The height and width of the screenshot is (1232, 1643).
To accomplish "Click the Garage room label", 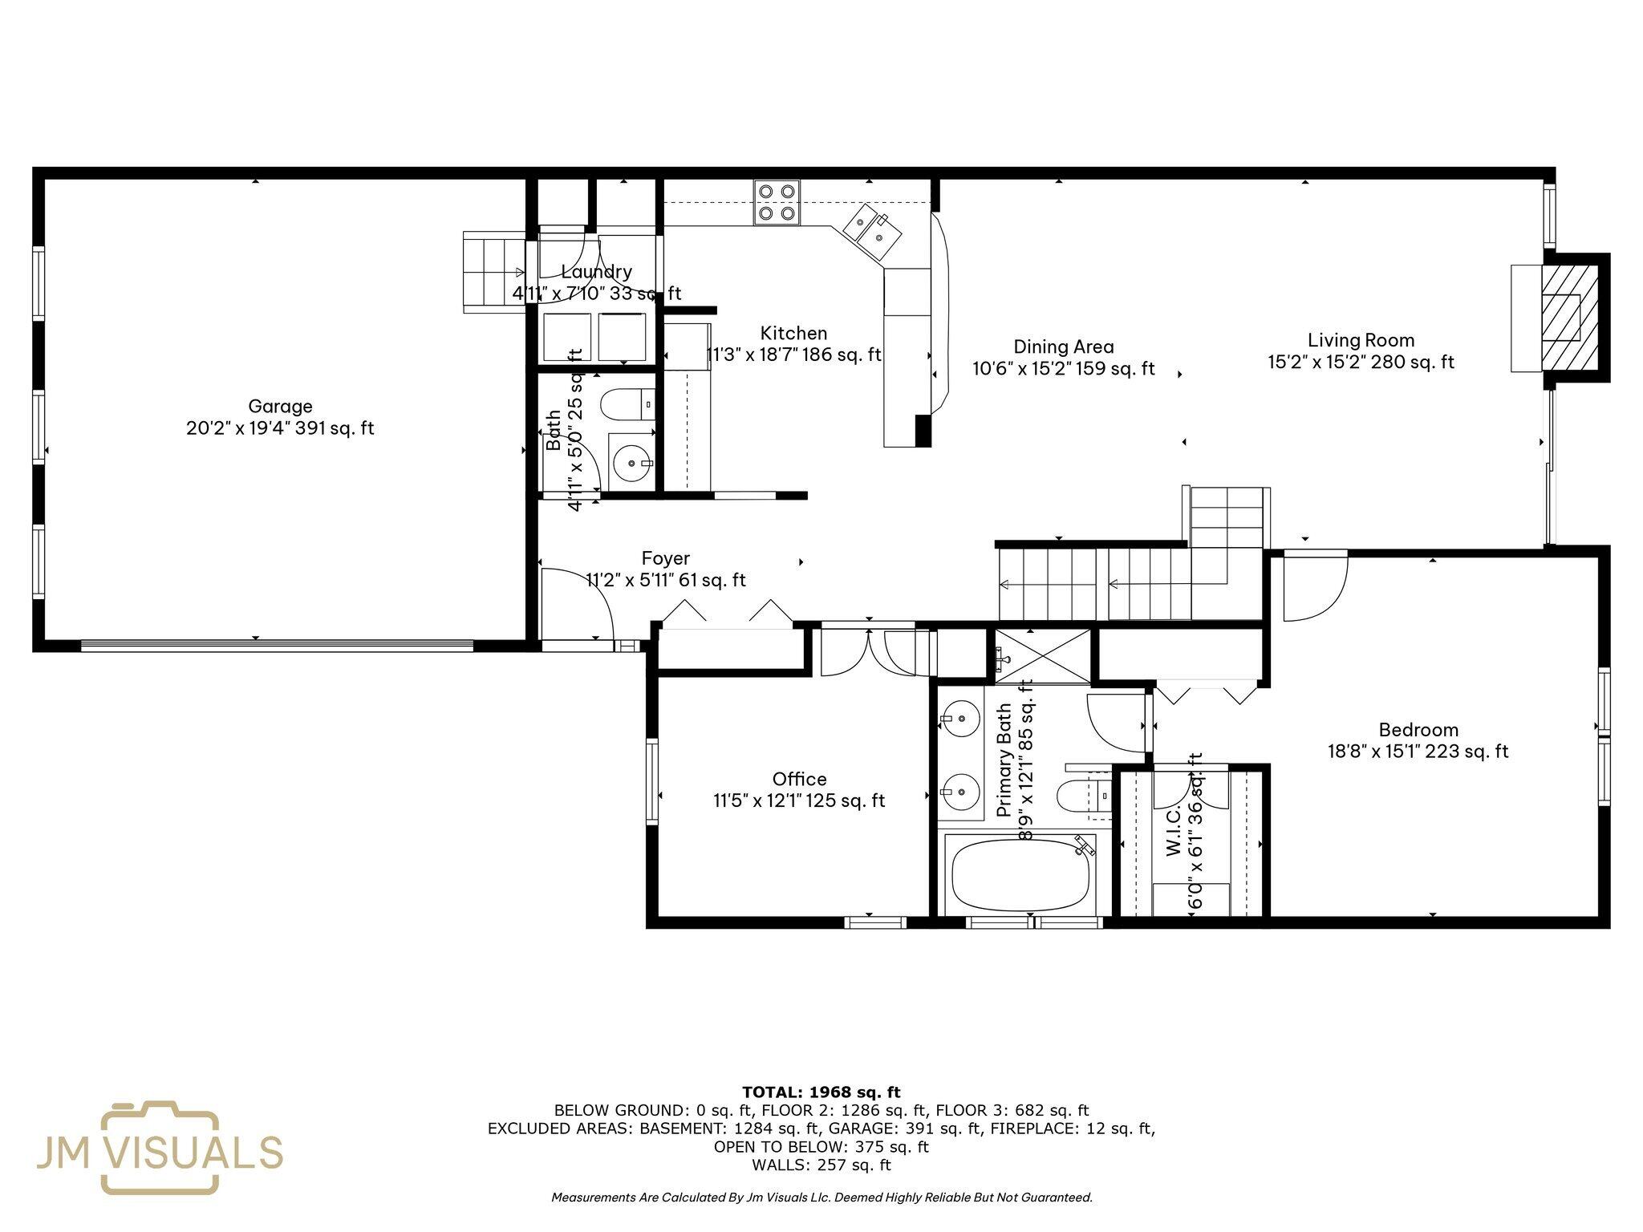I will click(x=280, y=407).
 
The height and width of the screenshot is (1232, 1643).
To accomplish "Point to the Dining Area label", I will click(x=1063, y=347).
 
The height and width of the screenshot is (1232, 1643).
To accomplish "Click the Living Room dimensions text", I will click(x=1361, y=363).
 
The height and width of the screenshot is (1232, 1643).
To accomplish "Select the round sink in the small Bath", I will click(x=632, y=463).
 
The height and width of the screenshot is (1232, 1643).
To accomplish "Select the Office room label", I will click(x=799, y=779).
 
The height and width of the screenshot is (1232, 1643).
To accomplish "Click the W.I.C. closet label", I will click(x=1172, y=832).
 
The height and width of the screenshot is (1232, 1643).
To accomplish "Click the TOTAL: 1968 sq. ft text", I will click(x=821, y=1092).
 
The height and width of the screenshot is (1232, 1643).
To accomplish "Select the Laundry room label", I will click(x=596, y=272).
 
